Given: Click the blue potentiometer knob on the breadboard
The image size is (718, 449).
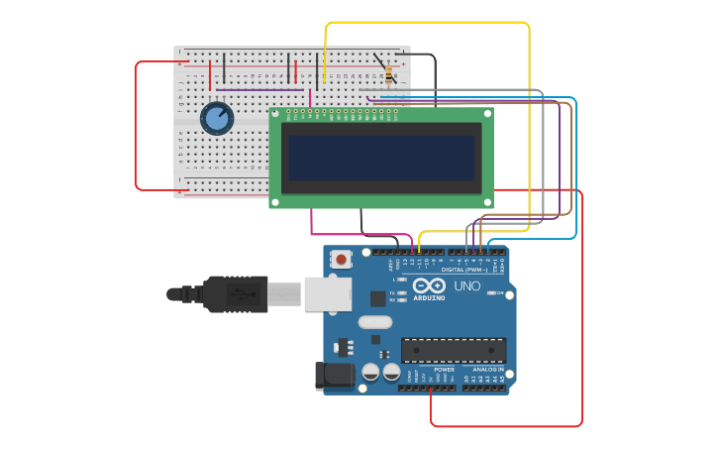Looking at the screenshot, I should coord(217,118).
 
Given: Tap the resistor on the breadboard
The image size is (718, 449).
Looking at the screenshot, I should coord(388,73).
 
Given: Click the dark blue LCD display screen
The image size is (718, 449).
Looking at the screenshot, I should coord(381,158).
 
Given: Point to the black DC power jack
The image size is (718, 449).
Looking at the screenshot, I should coord(334,375).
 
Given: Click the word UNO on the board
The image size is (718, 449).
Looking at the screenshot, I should coord(466,286).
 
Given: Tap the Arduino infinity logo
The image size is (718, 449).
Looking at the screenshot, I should coord(429,285).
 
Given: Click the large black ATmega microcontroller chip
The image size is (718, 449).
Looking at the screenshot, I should coord(453,350).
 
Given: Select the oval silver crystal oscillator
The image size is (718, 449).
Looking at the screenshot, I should coord(375,321).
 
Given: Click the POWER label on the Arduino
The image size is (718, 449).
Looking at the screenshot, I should coord(444,369).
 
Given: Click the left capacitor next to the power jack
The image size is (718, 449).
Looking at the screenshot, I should coord(370,373).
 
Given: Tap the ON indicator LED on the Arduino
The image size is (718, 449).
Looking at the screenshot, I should coord(499,293).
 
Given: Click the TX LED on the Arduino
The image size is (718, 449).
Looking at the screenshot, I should coord(401,293).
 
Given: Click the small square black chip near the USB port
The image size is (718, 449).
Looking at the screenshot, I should coord(377,298).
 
